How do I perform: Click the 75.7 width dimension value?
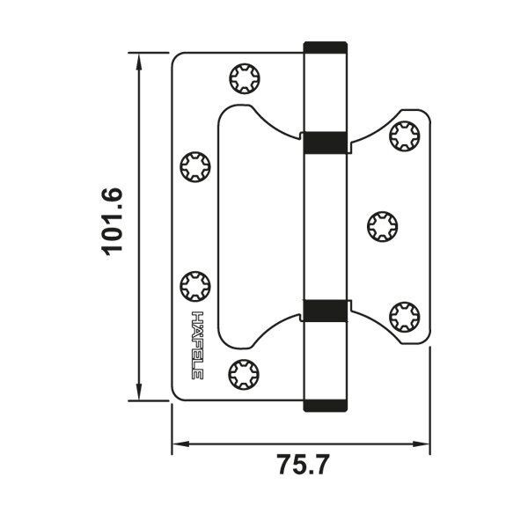[x=302, y=465]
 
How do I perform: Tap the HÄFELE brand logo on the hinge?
[x=198, y=346]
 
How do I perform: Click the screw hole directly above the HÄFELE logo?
[x=194, y=286]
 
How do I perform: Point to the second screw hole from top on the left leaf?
[x=194, y=166]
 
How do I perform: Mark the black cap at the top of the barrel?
[x=326, y=47]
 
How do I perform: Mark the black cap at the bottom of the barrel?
[x=326, y=405]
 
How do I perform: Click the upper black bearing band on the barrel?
[x=326, y=142]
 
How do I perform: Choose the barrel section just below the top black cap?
[x=326, y=92]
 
